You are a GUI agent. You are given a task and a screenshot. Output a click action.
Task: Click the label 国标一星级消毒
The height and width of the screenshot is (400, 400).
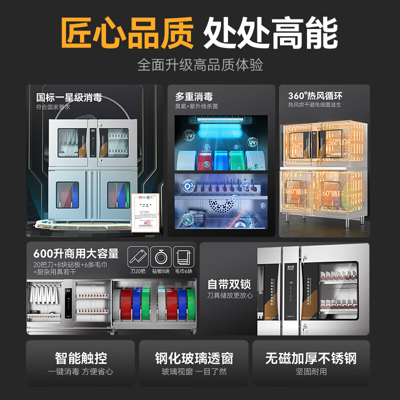[69, 97]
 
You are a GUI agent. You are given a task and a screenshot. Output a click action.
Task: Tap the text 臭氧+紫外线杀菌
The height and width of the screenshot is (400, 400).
[196, 106]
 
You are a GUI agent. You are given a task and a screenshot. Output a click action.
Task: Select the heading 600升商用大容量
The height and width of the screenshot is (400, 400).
[76, 253]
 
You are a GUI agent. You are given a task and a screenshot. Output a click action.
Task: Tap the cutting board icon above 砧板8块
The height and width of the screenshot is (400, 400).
[160, 257]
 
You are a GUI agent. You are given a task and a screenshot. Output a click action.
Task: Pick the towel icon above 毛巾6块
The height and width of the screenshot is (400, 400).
[182, 257]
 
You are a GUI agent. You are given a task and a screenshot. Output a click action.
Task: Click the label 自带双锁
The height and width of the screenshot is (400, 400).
[229, 284]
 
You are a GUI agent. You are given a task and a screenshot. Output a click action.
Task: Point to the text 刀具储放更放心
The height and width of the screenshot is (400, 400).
[229, 295]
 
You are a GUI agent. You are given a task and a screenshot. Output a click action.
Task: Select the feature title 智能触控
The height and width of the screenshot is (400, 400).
[81, 358]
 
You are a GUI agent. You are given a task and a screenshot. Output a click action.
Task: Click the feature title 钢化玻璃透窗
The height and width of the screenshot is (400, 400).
[194, 358]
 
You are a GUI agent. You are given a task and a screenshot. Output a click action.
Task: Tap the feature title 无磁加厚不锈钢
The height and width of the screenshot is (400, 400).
[311, 358]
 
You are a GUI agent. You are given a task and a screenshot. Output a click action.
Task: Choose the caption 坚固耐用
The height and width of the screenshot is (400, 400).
[311, 371]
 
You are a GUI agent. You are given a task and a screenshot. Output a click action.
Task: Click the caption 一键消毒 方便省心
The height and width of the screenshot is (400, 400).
[81, 371]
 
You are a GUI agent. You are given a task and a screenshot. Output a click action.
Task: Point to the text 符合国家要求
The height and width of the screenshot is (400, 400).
[60, 107]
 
